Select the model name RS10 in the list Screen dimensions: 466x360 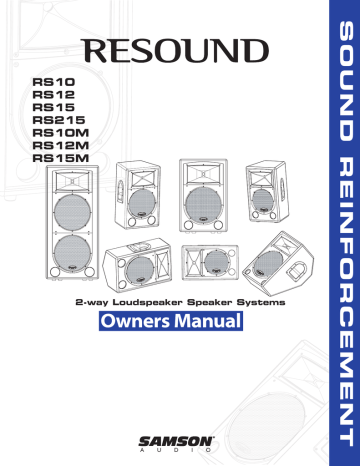pos(52,78)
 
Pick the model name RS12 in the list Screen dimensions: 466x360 pos(52,92)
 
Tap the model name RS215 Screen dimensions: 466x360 pos(56,118)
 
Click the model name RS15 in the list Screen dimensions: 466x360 pos(52,105)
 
